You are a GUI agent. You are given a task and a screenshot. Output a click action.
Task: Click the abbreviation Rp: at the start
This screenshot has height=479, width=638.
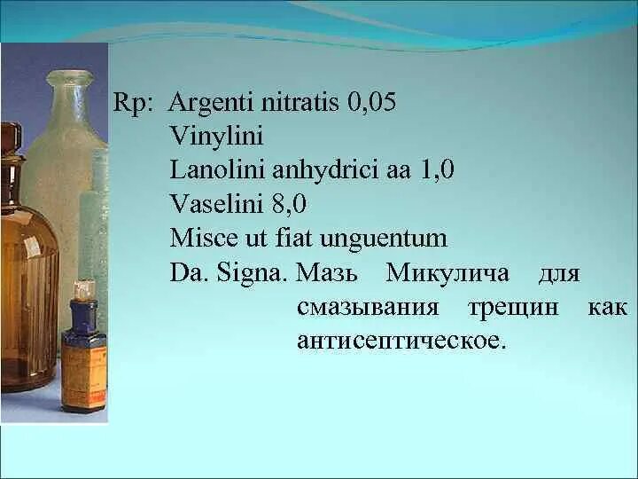coord(134,104)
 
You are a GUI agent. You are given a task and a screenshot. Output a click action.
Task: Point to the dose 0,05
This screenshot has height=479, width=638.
coord(372,103)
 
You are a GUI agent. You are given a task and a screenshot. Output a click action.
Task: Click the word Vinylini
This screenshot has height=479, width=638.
coord(216,137)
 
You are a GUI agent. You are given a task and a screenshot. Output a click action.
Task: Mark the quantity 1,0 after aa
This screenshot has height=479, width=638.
coord(435,170)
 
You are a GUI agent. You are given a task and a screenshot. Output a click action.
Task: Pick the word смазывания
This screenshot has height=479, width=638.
coord(369,307)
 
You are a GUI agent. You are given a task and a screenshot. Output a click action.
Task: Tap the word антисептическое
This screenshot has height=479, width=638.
coord(401,341)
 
